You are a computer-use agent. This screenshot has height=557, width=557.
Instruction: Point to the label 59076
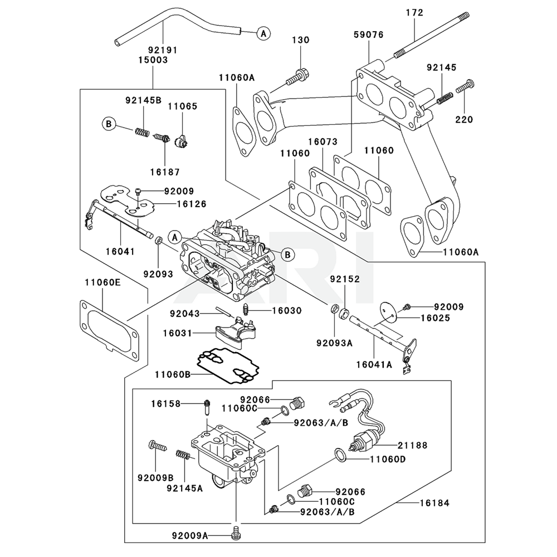[368, 35]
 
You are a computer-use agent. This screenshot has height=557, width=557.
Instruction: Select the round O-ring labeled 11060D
[341, 455]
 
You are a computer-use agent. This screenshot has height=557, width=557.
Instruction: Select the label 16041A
[374, 365]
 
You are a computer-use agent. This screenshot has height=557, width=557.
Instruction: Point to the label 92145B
[143, 100]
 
